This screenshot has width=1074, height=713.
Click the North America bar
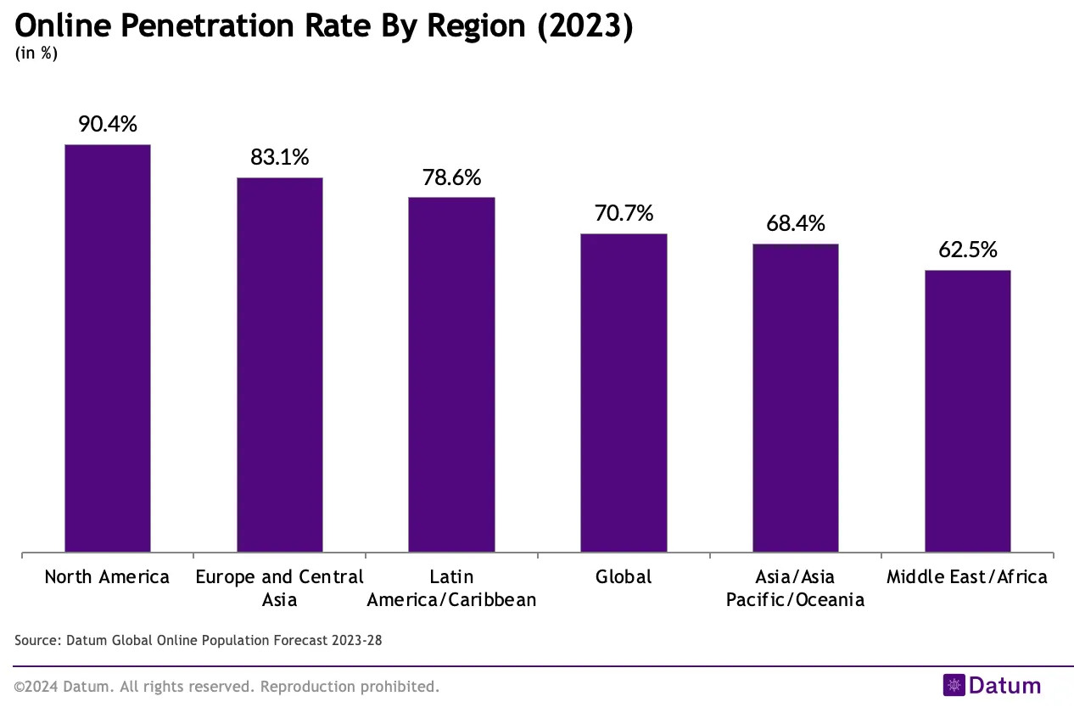pyautogui.click(x=108, y=348)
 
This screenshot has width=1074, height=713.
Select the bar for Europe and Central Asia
pyautogui.click(x=280, y=365)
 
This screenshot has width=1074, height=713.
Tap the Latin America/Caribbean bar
pyautogui.click(x=451, y=374)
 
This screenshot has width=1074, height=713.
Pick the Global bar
pyautogui.click(x=624, y=393)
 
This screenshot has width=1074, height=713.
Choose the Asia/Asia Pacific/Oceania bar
pyautogui.click(x=796, y=398)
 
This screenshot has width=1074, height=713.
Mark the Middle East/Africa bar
pyautogui.click(x=968, y=411)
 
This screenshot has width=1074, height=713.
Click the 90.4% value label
pyautogui.click(x=108, y=124)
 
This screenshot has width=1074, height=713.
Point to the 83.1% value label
pyautogui.click(x=280, y=157)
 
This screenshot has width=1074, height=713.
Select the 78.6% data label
pyautogui.click(x=451, y=177)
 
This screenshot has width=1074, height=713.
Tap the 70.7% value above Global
pyautogui.click(x=624, y=213)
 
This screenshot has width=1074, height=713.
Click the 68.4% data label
pyautogui.click(x=796, y=223)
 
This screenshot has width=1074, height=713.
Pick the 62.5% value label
pyautogui.click(x=968, y=250)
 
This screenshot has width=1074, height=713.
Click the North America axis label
pyautogui.click(x=107, y=577)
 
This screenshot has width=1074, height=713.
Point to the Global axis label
pyautogui.click(x=624, y=577)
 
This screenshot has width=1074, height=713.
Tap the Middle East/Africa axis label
pyautogui.click(x=967, y=577)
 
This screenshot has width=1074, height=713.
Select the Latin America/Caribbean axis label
pyautogui.click(x=451, y=588)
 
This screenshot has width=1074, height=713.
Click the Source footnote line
pyautogui.click(x=199, y=640)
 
